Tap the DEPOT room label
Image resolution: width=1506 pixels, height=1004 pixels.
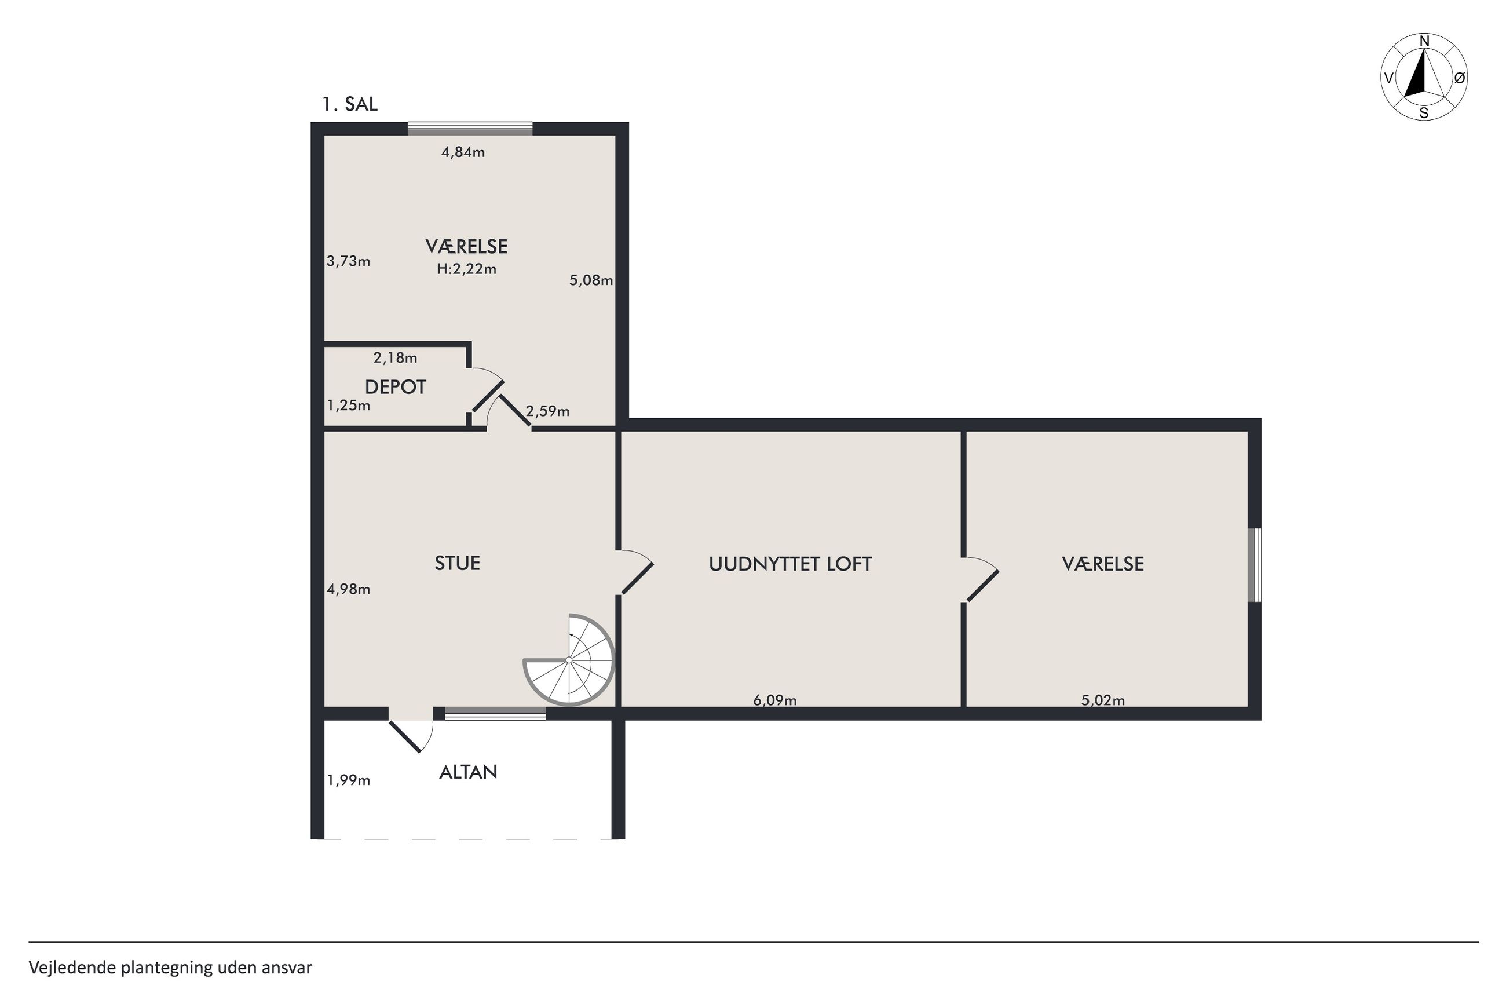[x=395, y=387]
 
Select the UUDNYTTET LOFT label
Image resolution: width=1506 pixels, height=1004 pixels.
[x=790, y=564]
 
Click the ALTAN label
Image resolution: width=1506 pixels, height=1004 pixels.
[x=468, y=772]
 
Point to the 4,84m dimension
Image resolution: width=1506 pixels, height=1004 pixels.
[x=463, y=152]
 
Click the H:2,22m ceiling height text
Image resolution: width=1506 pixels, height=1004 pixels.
[x=467, y=269]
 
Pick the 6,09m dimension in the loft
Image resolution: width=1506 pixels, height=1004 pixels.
[x=774, y=700]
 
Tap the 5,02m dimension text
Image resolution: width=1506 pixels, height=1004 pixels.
[x=1103, y=700]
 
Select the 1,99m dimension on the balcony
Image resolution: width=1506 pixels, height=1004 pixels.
[x=349, y=780]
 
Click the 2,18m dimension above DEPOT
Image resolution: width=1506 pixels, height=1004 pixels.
[x=395, y=357]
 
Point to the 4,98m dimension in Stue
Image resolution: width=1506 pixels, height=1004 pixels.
[x=349, y=589]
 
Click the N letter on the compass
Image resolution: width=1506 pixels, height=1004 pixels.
[x=1425, y=42]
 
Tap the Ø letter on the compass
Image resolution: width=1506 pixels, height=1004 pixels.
[x=1459, y=78]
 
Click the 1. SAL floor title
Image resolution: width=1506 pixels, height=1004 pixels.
[x=349, y=104]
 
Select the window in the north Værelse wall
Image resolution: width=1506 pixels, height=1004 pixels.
[x=470, y=129]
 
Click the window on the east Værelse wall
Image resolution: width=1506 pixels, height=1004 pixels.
[x=1255, y=565]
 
